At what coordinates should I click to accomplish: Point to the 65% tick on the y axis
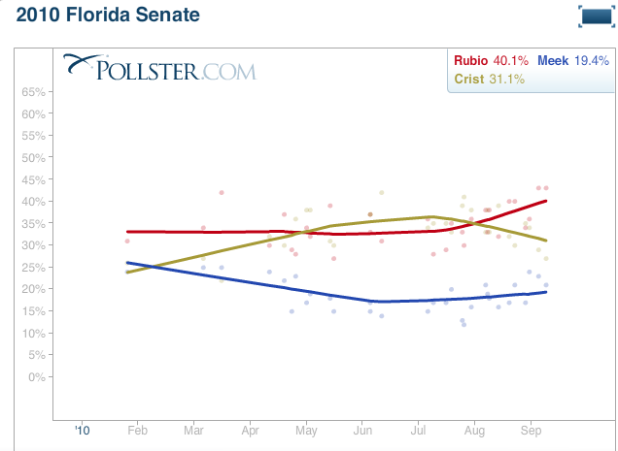click(x=34, y=92)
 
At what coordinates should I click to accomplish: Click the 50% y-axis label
click(x=34, y=157)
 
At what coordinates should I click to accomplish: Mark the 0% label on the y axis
click(x=37, y=376)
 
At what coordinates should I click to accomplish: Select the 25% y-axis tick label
click(x=34, y=267)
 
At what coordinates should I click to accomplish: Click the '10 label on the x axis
click(x=82, y=428)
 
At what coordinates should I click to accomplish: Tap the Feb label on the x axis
click(x=137, y=428)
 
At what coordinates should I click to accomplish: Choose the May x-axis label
click(x=307, y=428)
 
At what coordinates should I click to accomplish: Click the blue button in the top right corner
click(x=594, y=16)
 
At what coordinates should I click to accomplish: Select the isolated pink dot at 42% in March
click(x=222, y=192)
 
